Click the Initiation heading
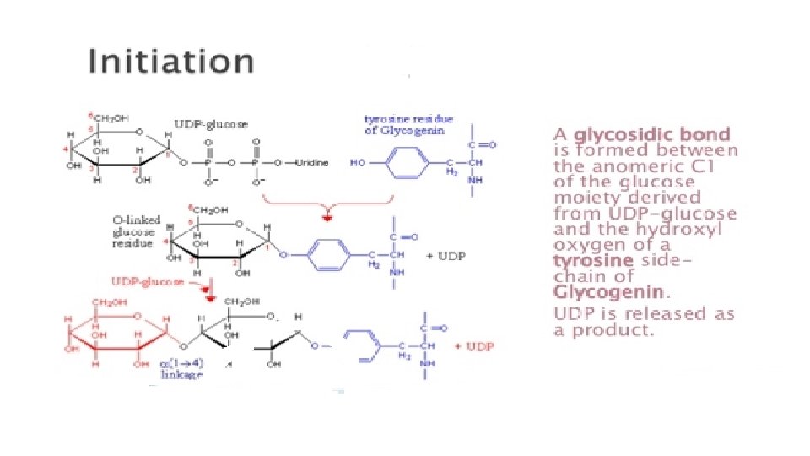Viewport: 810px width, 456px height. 171,62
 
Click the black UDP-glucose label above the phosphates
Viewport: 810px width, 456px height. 211,125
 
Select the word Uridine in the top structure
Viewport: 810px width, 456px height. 311,162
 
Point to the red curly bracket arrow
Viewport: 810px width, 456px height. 328,209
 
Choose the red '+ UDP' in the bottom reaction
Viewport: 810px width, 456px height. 474,346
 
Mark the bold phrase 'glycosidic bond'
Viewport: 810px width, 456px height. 652,135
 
